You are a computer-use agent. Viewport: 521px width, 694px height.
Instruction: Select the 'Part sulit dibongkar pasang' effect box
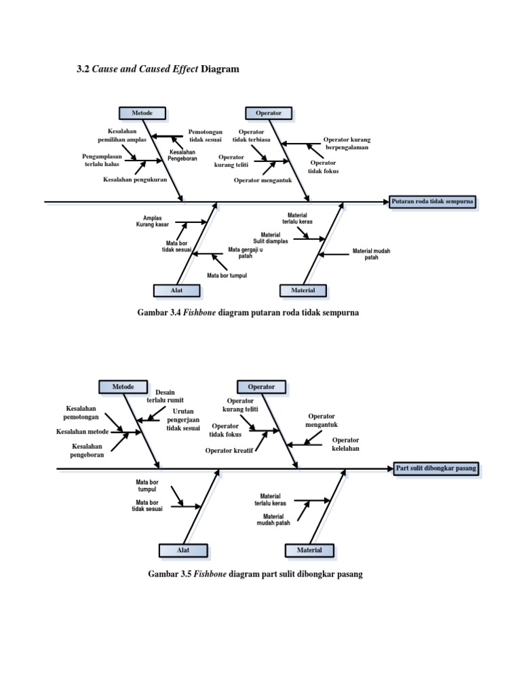437,468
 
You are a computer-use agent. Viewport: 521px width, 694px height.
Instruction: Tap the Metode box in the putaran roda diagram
142,113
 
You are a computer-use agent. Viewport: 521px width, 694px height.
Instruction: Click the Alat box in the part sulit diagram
183,550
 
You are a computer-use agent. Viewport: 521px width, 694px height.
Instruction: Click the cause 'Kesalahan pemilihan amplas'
122,136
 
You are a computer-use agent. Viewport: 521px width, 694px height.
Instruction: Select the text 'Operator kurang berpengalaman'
347,143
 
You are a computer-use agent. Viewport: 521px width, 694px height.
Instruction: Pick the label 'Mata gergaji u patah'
245,253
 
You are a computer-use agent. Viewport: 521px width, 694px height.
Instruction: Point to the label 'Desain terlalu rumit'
166,396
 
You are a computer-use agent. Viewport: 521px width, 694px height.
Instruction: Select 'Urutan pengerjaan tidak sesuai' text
183,420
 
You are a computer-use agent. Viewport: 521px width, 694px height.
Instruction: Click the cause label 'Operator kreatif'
229,450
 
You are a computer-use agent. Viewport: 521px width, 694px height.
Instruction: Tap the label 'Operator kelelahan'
345,444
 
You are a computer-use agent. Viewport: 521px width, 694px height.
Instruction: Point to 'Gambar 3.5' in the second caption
170,574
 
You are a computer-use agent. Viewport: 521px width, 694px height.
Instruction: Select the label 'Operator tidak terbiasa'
251,136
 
